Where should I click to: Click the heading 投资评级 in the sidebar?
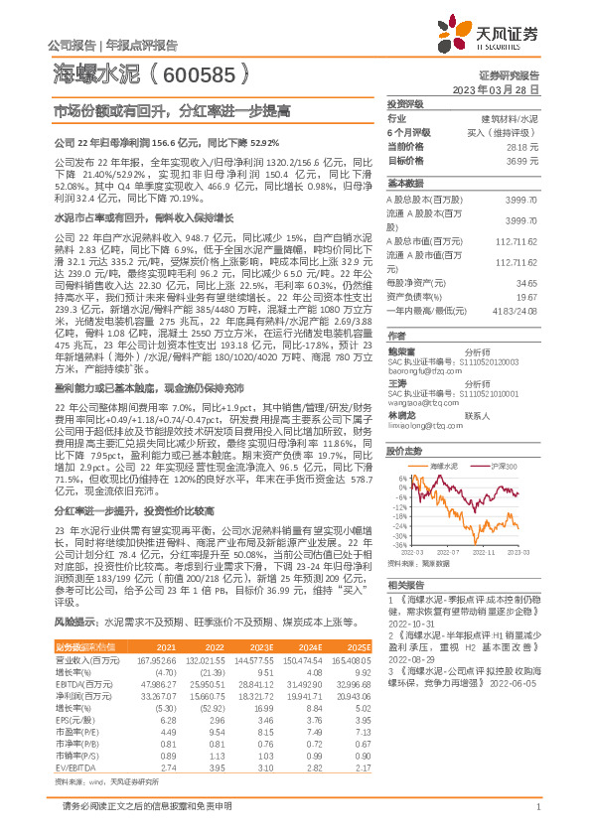405,103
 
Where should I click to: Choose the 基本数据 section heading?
405,185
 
